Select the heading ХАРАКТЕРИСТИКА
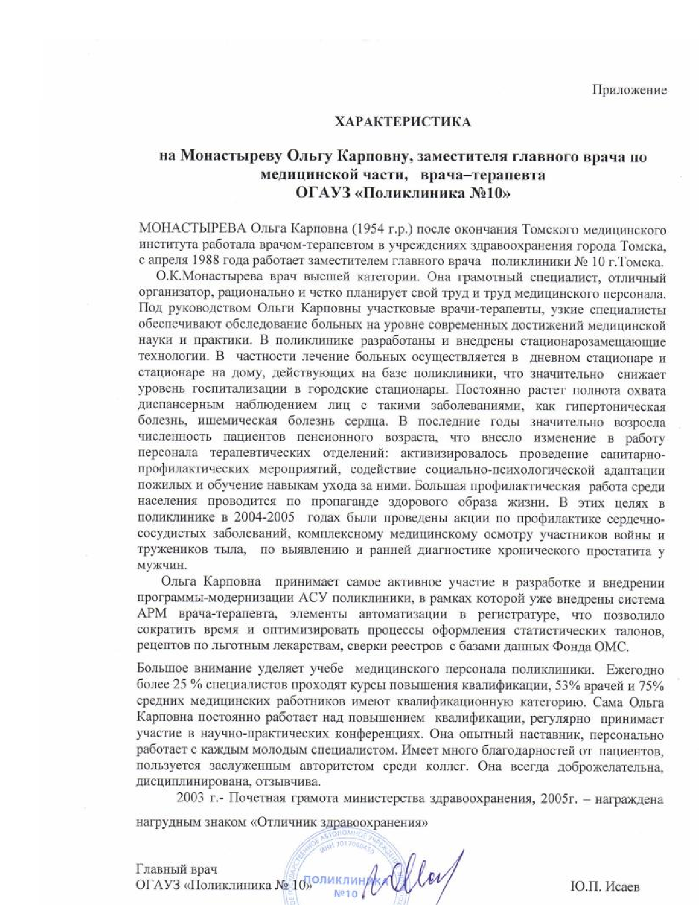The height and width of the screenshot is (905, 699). pos(403,122)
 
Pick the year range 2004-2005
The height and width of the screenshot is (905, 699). pos(263,518)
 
